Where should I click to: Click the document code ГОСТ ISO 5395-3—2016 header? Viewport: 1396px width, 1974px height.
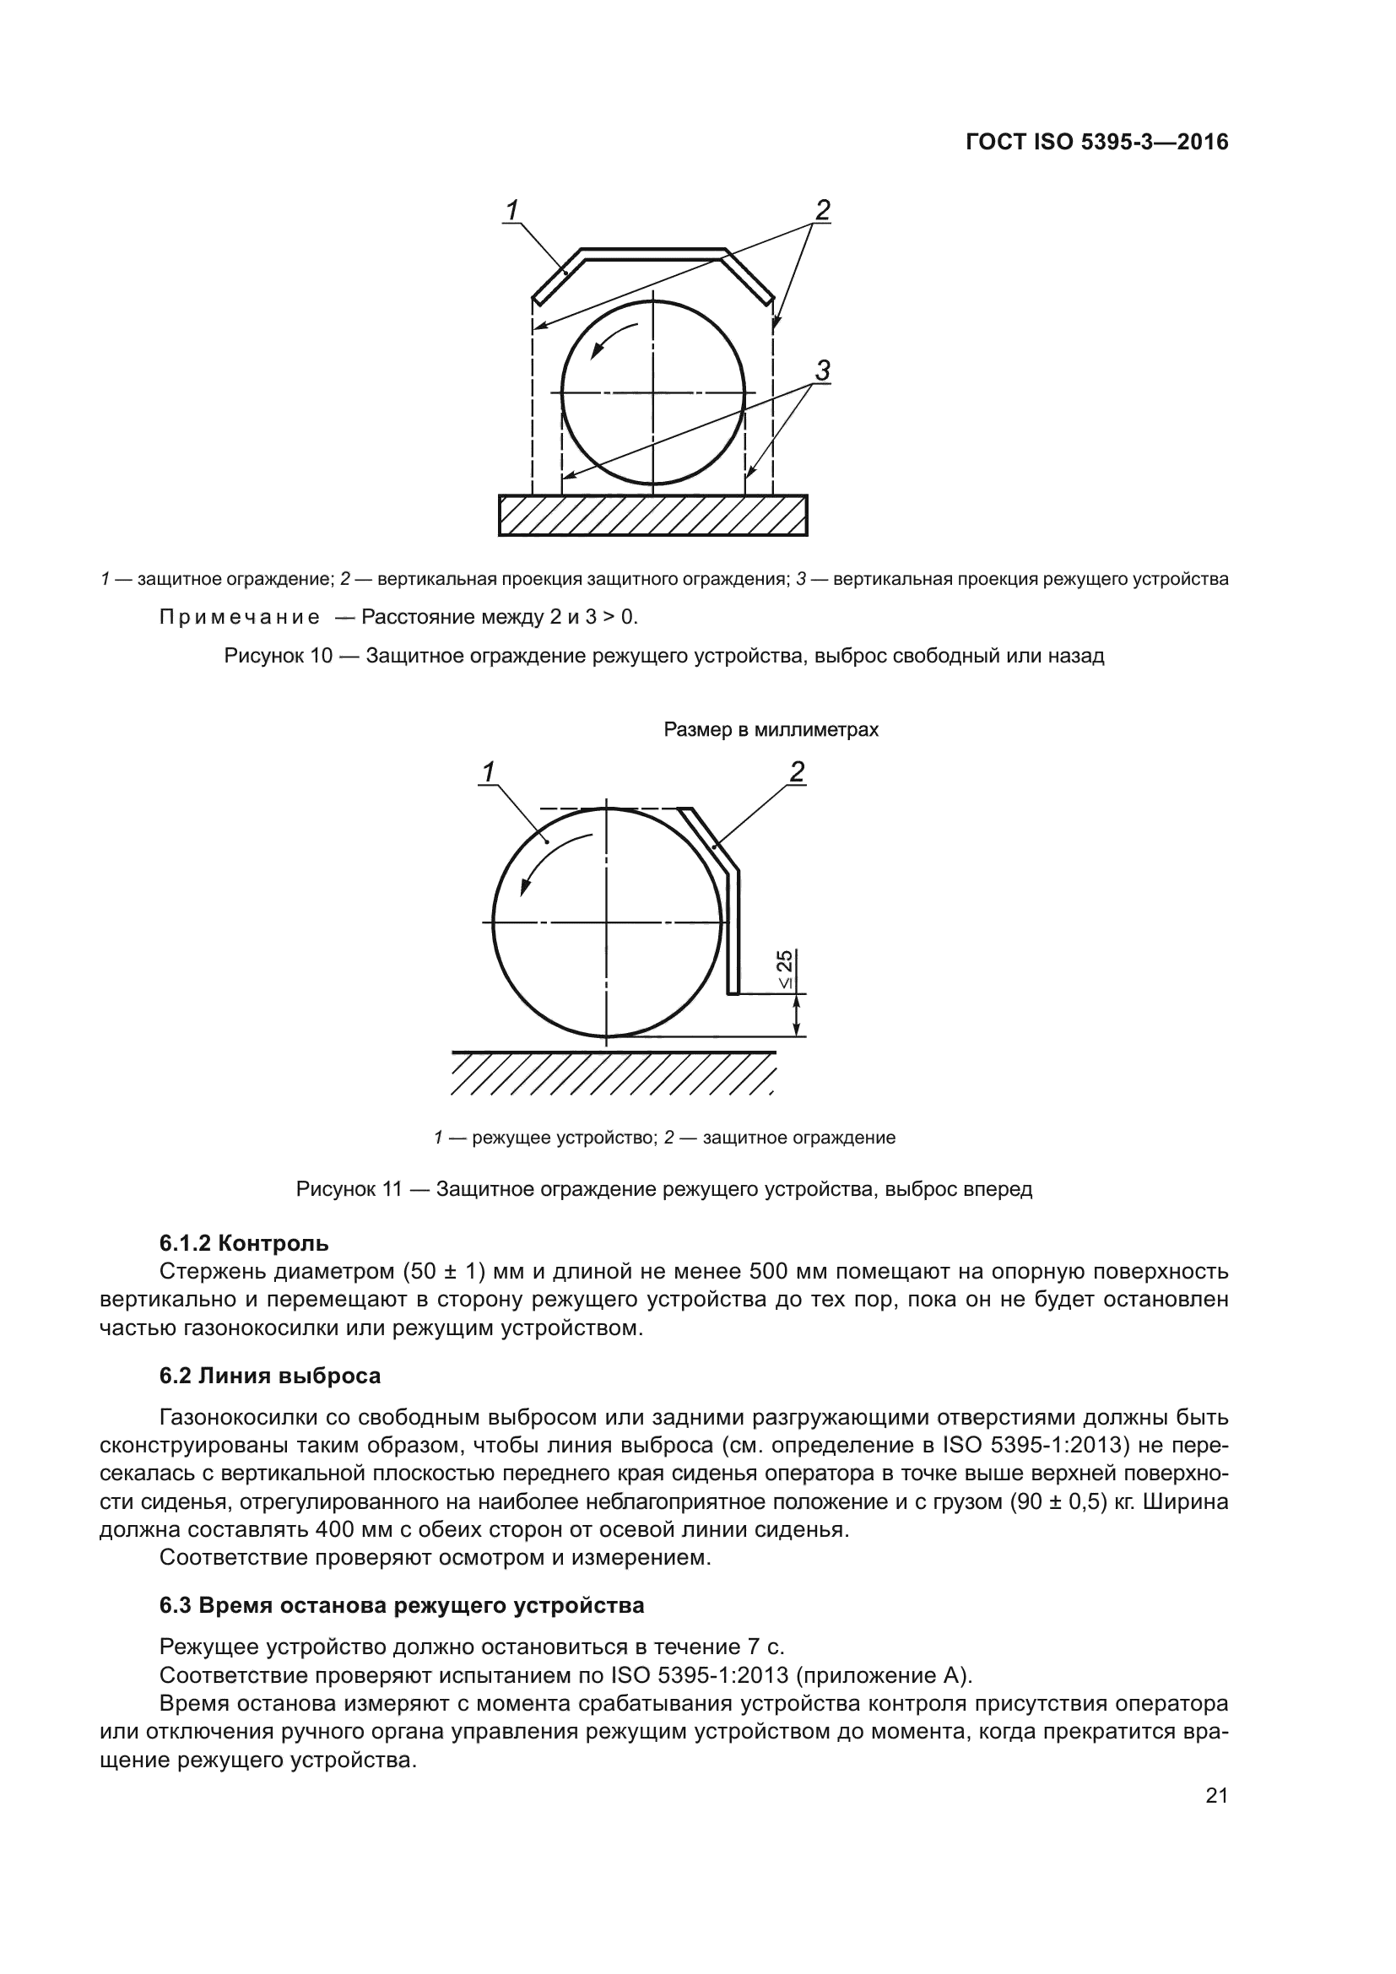[x=1097, y=142]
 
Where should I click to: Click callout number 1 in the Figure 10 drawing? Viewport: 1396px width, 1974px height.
[x=512, y=210]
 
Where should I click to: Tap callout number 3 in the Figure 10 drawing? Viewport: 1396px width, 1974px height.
[x=823, y=371]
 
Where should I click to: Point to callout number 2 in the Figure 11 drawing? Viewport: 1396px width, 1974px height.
[x=797, y=772]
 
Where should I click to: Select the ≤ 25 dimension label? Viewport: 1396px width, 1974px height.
[x=786, y=970]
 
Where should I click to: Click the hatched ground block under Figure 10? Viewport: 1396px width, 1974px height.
[x=652, y=515]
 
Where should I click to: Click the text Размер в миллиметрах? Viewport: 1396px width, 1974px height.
[x=771, y=730]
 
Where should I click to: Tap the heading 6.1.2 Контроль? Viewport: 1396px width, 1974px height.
[x=244, y=1243]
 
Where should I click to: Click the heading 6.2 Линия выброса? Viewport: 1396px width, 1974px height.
[x=270, y=1376]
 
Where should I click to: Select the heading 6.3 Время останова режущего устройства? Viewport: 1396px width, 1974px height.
[x=402, y=1605]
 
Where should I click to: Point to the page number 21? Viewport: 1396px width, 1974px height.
[x=1216, y=1796]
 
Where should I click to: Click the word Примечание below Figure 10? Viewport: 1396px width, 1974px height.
[x=240, y=617]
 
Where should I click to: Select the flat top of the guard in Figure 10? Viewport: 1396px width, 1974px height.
[x=653, y=253]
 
